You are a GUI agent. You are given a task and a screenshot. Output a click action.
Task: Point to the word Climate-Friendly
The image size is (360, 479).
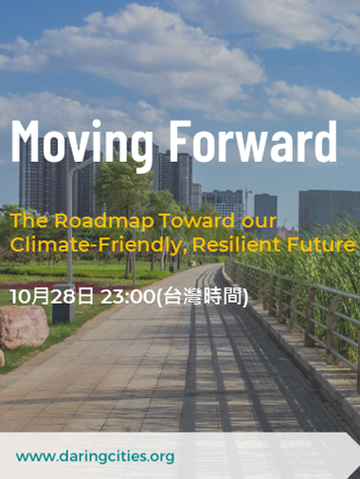coord(83,244)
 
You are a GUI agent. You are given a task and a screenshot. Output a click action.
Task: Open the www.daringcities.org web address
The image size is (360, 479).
coord(95,456)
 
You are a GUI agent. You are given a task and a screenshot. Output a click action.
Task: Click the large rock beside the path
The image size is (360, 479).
coord(24,327)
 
